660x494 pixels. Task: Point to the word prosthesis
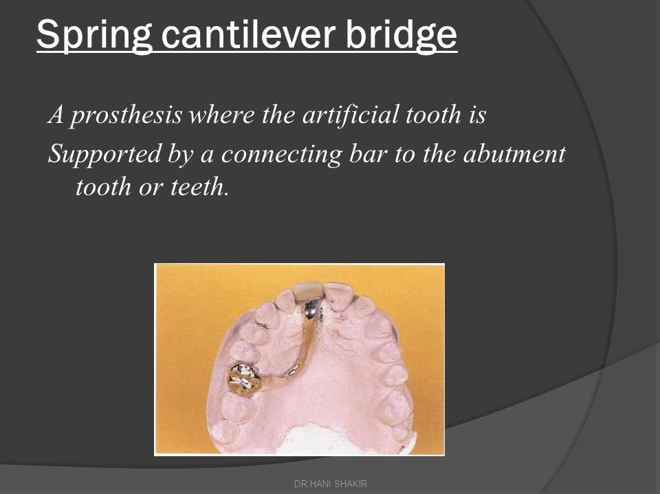point(126,115)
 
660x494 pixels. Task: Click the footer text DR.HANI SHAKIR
point(330,484)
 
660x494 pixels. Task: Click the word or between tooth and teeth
point(151,186)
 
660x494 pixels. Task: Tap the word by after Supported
point(180,155)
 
